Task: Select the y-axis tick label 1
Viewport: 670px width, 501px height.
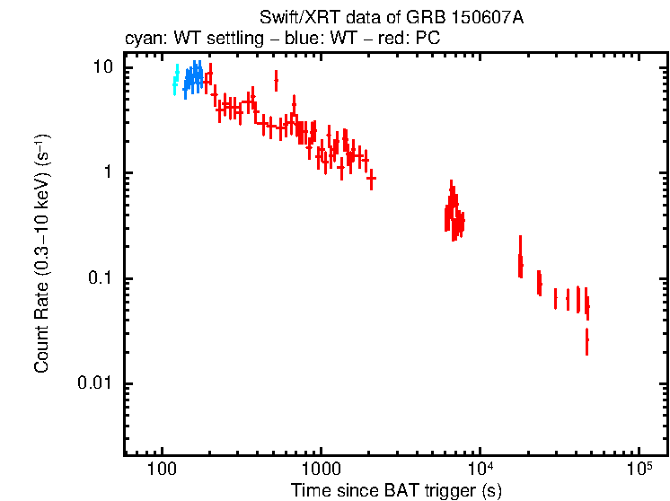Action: (108, 173)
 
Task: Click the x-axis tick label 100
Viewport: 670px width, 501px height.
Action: (162, 470)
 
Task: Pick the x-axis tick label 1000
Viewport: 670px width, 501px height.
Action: (321, 470)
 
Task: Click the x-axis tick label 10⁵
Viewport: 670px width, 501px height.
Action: (639, 469)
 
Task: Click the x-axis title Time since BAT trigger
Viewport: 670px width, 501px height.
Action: (396, 490)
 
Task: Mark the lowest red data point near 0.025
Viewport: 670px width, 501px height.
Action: (586, 342)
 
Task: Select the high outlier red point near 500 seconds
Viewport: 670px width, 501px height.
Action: (276, 81)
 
